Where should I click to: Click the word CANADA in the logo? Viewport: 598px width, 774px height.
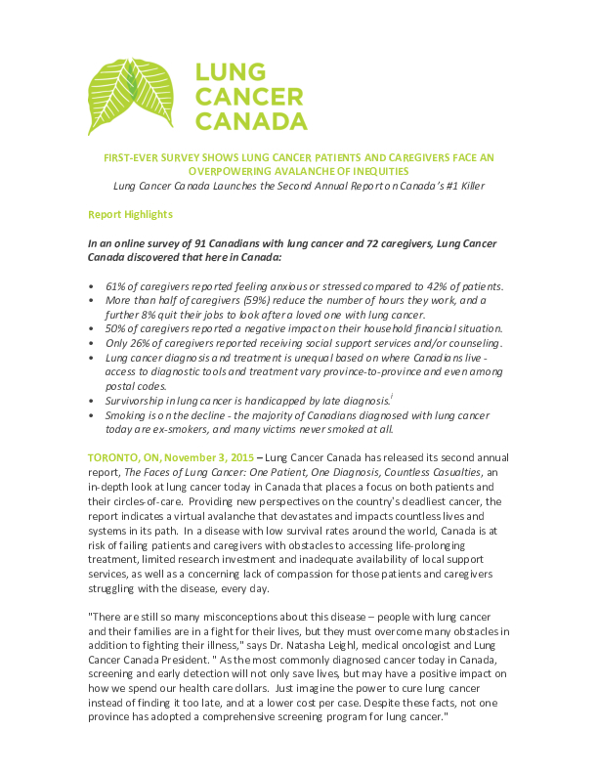250,121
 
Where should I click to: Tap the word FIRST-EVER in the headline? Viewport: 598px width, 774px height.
134,156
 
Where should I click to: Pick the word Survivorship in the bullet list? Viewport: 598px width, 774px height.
138,401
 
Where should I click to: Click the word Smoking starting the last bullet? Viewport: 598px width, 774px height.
127,415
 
